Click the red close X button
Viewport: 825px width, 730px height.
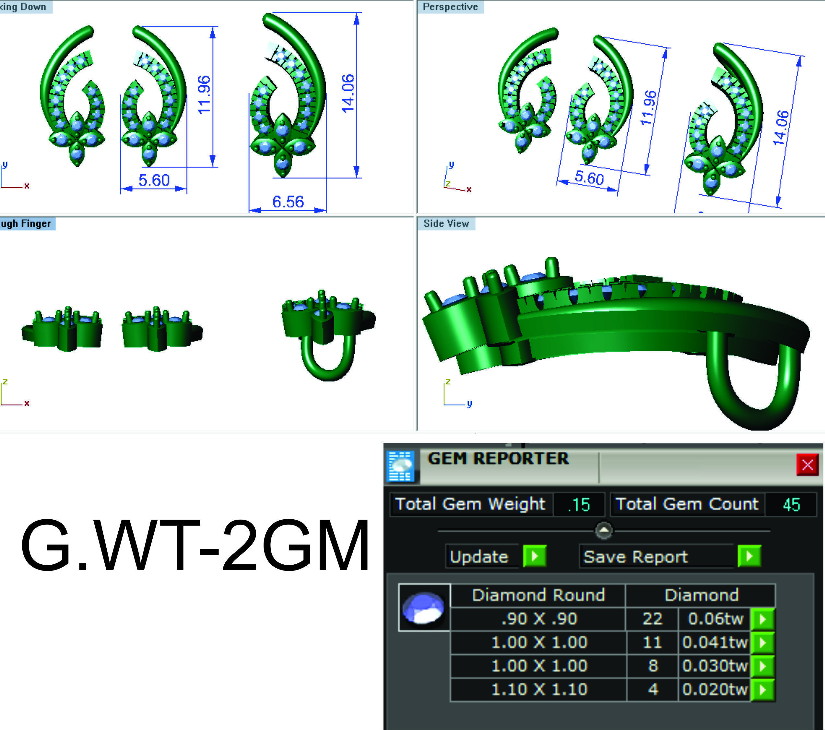tap(807, 465)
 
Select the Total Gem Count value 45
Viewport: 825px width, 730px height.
tap(791, 504)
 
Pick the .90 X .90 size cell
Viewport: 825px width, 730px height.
tap(539, 618)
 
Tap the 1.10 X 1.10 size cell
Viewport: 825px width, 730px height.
tap(539, 689)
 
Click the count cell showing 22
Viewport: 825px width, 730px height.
tap(652, 618)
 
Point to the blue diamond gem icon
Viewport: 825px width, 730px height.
tap(424, 607)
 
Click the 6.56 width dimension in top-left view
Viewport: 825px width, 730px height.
tap(288, 201)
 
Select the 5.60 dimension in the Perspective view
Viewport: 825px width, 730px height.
tap(589, 178)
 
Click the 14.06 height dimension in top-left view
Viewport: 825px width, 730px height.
tap(348, 94)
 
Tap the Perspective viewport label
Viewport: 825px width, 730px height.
tap(450, 7)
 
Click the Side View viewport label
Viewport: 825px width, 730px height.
tap(446, 224)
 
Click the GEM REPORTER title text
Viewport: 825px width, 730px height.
tap(498, 458)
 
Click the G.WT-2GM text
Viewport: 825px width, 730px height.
tap(194, 546)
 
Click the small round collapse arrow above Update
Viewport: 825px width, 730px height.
tap(604, 530)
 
